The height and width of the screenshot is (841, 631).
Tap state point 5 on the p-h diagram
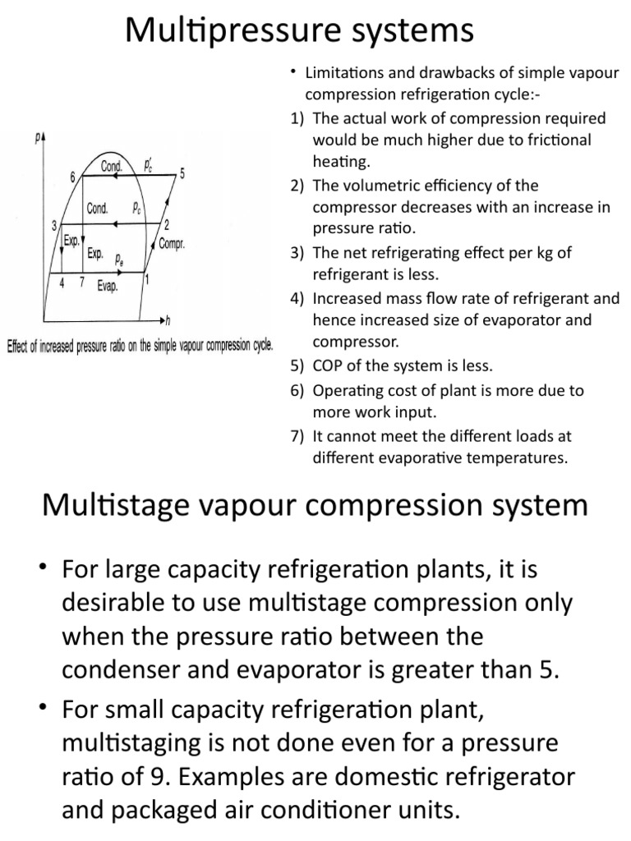(x=182, y=172)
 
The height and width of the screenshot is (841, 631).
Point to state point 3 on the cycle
(x=53, y=225)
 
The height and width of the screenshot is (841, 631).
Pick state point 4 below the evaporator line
(x=62, y=282)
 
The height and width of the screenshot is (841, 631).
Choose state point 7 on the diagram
(x=81, y=282)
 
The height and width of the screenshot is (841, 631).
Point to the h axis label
(x=167, y=319)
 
